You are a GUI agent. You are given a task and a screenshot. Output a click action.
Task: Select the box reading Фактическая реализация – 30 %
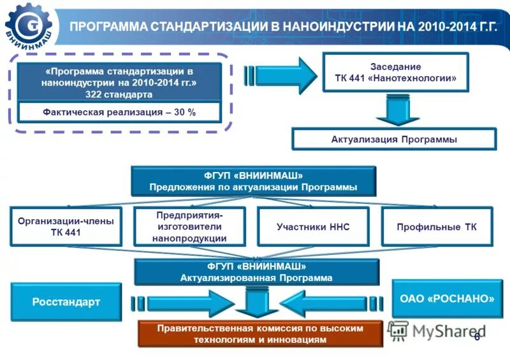(119, 112)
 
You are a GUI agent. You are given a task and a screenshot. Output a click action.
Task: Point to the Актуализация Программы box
(393, 140)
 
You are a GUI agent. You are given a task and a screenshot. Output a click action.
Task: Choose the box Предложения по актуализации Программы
(253, 181)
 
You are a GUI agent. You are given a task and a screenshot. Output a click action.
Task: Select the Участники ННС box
(313, 227)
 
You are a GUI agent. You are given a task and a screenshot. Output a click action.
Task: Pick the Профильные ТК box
(437, 227)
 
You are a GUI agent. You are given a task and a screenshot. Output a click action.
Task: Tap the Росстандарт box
(66, 302)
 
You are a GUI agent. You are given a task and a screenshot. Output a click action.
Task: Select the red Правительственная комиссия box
(260, 334)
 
